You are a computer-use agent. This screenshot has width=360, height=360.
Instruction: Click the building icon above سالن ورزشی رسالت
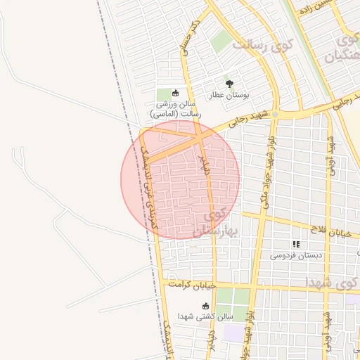(x=175, y=93)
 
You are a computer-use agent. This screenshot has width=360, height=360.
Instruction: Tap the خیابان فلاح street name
(x=330, y=226)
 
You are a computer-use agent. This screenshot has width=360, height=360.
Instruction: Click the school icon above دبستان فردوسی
(x=296, y=245)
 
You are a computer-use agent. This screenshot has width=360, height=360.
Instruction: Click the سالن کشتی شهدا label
(x=205, y=317)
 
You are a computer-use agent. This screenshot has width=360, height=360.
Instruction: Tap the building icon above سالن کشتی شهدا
(x=205, y=306)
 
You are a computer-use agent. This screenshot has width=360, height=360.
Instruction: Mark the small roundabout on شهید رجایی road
(x=276, y=114)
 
